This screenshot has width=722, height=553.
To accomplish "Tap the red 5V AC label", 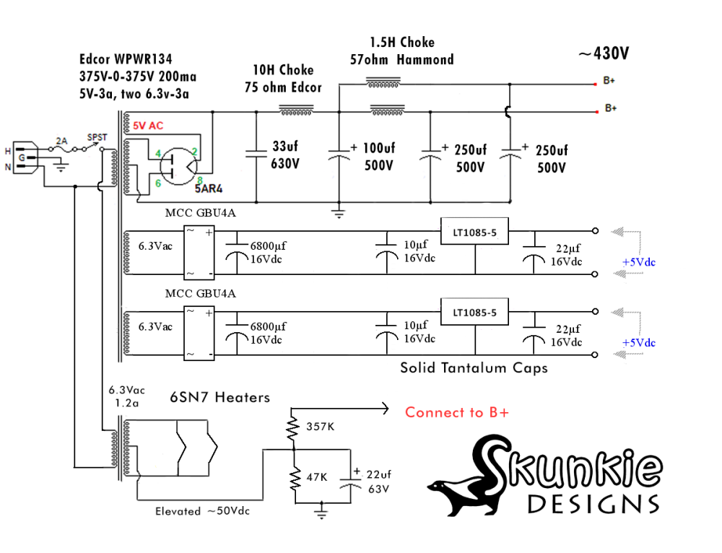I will [148, 125].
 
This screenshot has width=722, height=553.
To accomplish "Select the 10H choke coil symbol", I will [296, 112].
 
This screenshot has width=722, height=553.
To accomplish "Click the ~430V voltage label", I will [603, 53].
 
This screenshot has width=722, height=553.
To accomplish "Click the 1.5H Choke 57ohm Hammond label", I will [401, 51].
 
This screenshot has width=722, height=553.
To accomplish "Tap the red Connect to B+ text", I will [456, 412].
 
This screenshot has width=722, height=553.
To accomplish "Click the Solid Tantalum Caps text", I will [474, 368].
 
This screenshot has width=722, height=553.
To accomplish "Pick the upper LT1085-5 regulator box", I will [474, 232].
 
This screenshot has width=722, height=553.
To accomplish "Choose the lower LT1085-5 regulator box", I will [474, 313].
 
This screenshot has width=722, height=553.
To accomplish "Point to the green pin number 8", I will [199, 179].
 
